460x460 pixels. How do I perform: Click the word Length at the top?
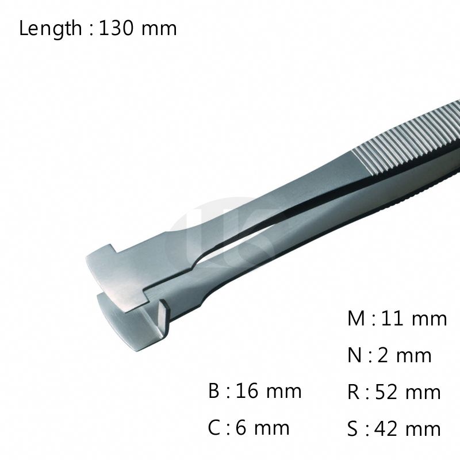point(51,29)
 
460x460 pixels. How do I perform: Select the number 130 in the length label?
point(117,28)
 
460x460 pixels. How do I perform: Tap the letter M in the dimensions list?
point(356,319)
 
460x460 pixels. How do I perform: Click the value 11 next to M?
point(392,319)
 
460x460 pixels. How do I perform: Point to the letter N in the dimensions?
point(354,355)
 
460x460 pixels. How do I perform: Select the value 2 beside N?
point(384,355)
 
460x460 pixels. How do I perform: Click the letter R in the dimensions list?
point(354,392)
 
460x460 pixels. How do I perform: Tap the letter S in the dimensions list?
point(352,428)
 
